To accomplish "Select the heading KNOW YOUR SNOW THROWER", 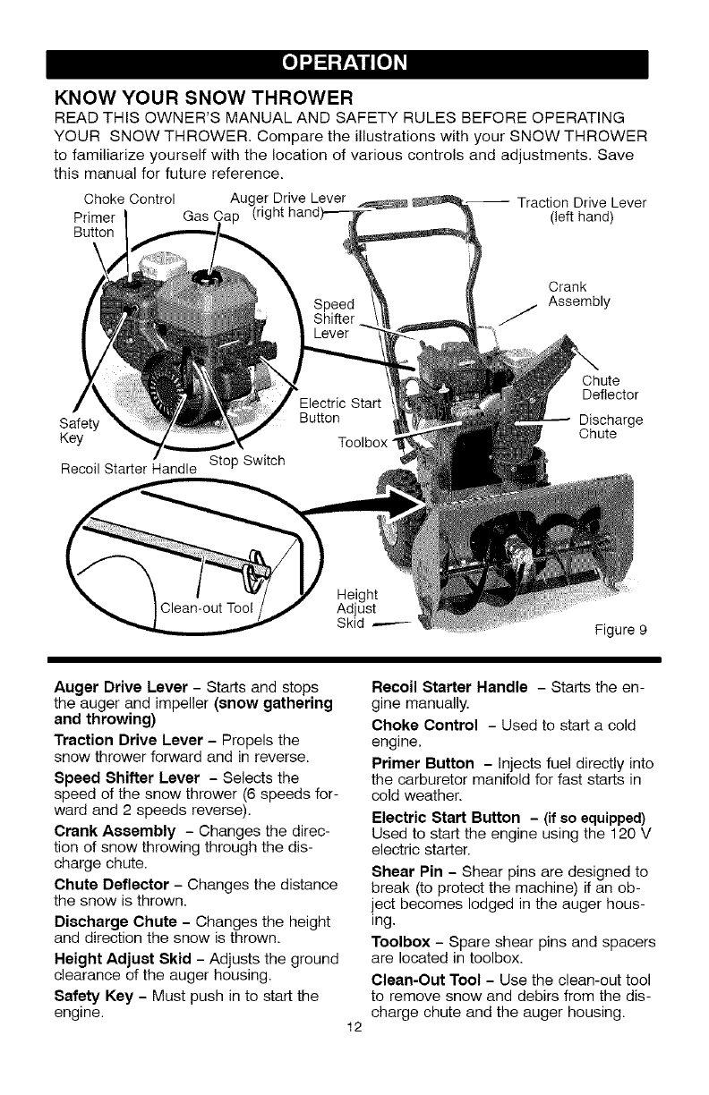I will pyautogui.click(x=205, y=96).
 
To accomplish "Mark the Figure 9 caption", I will pyautogui.click(x=620, y=630).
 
